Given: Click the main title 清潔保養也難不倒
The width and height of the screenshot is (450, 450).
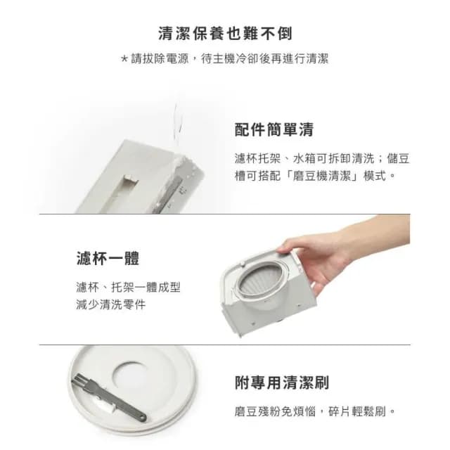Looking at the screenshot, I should (225, 33).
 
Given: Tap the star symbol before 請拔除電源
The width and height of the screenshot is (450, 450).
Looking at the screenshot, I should (124, 59).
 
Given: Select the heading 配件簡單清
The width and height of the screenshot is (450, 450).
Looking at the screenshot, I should (274, 129).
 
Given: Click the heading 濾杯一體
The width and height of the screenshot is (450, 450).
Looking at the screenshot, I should (107, 258).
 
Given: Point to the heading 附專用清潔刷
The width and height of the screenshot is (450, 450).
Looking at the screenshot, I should (281, 383).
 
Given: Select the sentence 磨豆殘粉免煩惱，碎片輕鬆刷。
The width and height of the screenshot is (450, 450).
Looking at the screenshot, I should (316, 411).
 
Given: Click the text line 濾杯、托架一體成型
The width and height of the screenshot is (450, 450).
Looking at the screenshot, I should (128, 287).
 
